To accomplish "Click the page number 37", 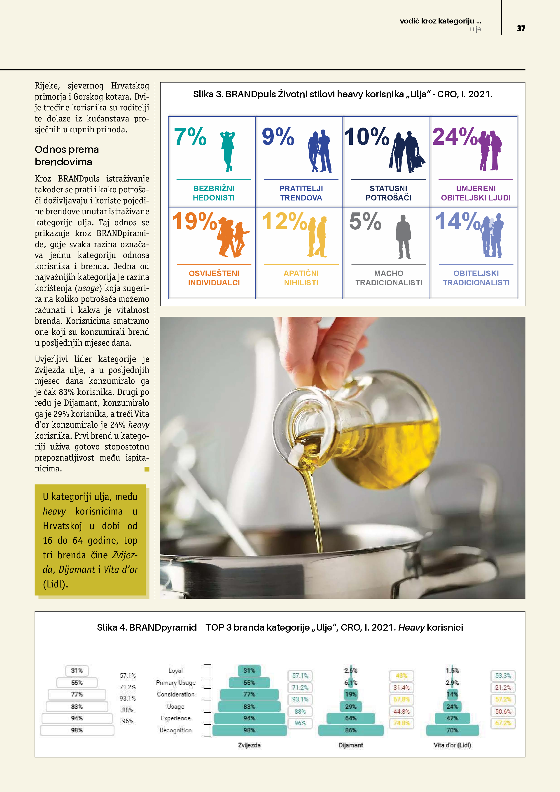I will point(521,28).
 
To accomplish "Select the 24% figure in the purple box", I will point(455,137).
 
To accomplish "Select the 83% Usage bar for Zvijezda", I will point(249,706).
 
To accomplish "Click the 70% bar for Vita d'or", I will point(452,730).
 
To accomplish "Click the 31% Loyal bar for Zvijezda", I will point(249,671).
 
